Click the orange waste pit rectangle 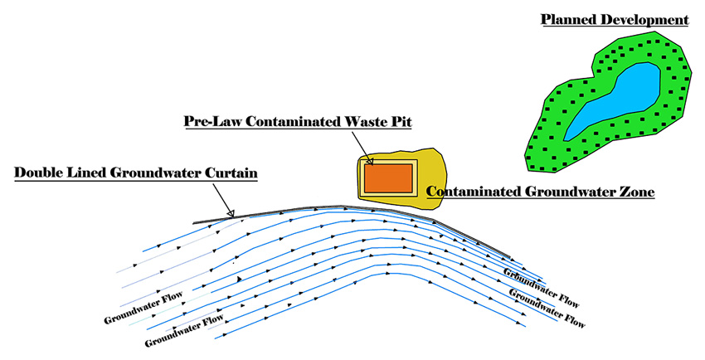click(x=388, y=178)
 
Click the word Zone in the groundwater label click(x=636, y=192)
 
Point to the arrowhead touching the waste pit click(x=370, y=162)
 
